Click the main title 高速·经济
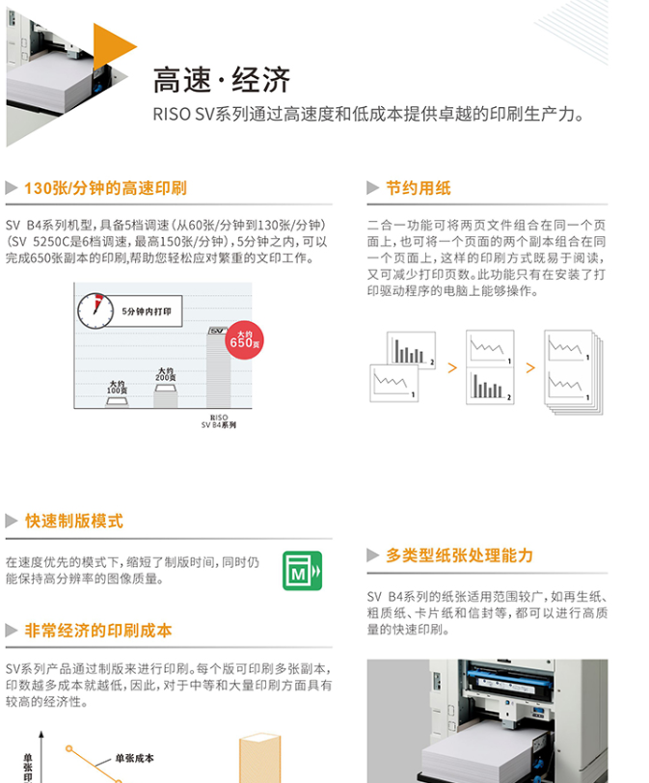click(221, 80)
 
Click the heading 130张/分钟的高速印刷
click(105, 188)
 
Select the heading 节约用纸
click(418, 188)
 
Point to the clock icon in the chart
click(95, 310)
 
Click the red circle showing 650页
click(244, 340)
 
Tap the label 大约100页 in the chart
click(117, 387)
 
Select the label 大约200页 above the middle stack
click(165, 374)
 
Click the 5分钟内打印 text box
click(147, 311)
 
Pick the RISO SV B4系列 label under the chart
click(219, 421)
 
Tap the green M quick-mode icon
click(302, 571)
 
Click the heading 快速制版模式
click(74, 521)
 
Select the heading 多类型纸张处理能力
click(459, 555)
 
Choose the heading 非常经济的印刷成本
click(98, 631)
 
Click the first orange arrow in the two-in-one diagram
click(452, 368)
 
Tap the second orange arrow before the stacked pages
click(530, 368)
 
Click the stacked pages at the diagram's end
click(574, 372)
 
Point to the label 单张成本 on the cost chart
click(135, 758)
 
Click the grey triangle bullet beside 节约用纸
click(373, 188)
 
